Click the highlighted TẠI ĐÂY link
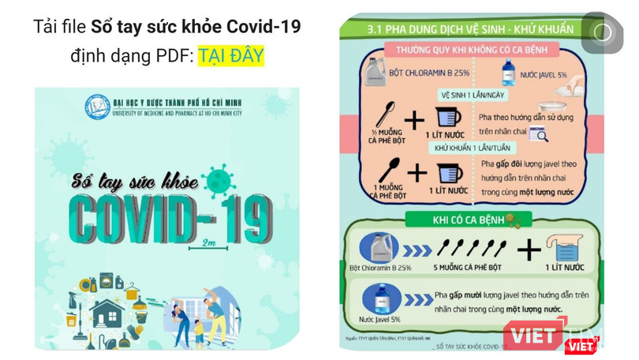point(230,56)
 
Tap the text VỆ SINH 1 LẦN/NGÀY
point(472,96)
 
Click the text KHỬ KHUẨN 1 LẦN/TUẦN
point(472,148)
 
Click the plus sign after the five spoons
point(529,251)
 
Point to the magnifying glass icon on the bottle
point(539,134)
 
